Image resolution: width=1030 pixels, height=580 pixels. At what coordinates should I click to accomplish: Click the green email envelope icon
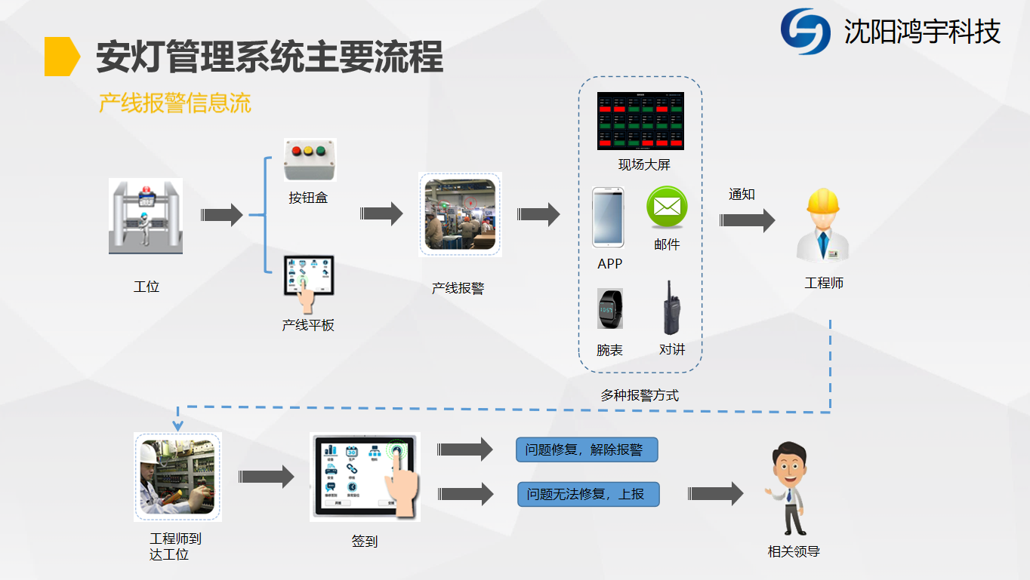click(x=667, y=207)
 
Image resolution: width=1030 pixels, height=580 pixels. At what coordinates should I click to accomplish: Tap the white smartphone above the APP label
click(x=609, y=217)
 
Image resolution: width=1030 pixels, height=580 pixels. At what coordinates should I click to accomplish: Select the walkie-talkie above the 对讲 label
click(x=670, y=308)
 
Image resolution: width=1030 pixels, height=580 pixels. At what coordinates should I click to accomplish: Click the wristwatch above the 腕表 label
click(x=609, y=309)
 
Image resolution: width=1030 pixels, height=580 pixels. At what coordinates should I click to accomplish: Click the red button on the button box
click(x=296, y=150)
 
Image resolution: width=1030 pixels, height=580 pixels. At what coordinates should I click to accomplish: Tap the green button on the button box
click(x=322, y=150)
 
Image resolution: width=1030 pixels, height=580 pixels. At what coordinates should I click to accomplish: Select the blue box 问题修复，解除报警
click(x=587, y=450)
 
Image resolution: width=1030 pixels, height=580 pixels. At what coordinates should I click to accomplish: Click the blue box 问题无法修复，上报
click(x=588, y=494)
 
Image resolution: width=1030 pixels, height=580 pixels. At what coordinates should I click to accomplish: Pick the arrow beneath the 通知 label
click(x=747, y=220)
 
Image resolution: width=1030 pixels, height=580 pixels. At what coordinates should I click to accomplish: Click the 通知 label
click(x=742, y=195)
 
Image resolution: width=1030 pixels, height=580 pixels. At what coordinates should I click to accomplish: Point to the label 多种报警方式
click(x=640, y=394)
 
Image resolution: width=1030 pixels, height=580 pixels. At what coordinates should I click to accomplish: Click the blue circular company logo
click(x=805, y=32)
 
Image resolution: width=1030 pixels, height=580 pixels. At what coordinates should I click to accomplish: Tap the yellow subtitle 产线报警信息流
click(x=174, y=103)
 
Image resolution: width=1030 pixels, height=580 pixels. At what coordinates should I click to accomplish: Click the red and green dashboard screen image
click(x=640, y=121)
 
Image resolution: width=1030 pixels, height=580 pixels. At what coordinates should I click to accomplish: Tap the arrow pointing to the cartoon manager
click(x=715, y=494)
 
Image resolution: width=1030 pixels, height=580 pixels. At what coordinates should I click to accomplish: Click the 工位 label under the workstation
click(x=146, y=287)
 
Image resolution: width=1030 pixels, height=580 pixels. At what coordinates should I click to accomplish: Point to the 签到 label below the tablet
click(x=364, y=541)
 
